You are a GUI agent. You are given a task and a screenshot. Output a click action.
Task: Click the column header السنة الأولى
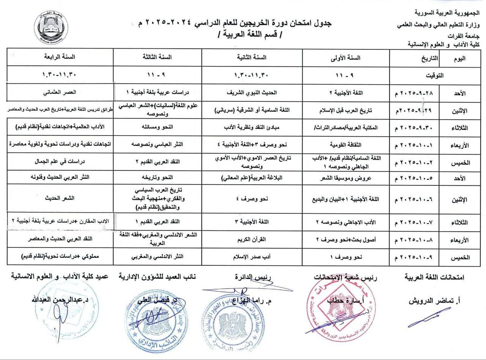(x=346, y=58)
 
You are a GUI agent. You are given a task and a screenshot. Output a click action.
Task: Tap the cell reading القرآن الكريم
(x=251, y=240)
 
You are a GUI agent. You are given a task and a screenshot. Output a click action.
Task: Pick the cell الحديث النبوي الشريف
(x=251, y=92)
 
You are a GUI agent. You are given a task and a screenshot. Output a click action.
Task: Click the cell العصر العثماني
(x=61, y=92)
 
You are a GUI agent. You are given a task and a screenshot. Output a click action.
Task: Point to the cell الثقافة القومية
(x=346, y=144)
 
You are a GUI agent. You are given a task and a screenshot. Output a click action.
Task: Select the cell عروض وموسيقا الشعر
(x=346, y=177)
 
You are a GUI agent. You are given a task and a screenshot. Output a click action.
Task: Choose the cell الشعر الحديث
(x=61, y=199)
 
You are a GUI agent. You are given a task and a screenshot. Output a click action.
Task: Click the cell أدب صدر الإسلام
(x=251, y=257)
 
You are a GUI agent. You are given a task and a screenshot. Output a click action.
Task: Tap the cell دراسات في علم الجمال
(x=61, y=161)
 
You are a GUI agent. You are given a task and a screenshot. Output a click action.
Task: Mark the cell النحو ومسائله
(x=157, y=127)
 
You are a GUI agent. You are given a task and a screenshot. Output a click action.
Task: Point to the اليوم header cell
(x=459, y=58)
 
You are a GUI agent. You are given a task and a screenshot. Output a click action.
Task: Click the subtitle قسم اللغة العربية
(x=250, y=37)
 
